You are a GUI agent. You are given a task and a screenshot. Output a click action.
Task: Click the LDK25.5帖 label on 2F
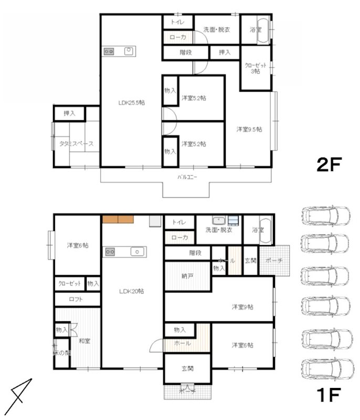(131, 103)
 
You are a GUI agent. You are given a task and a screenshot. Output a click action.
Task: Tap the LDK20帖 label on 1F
(131, 291)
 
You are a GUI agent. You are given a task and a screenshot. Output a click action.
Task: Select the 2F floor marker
(329, 166)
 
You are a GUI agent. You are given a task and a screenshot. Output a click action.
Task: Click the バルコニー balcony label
(186, 177)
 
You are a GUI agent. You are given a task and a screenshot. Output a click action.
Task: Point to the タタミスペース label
(76, 143)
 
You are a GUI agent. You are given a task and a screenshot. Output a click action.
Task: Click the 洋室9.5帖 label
(249, 129)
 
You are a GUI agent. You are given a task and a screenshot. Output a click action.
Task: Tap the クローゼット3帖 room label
(256, 68)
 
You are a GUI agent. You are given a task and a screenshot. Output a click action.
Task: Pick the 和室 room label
(84, 341)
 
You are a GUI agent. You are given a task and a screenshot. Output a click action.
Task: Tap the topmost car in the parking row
(326, 215)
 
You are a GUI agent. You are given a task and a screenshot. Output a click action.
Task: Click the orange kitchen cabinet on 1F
(118, 219)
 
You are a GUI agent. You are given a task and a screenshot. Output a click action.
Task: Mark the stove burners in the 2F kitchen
(110, 51)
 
